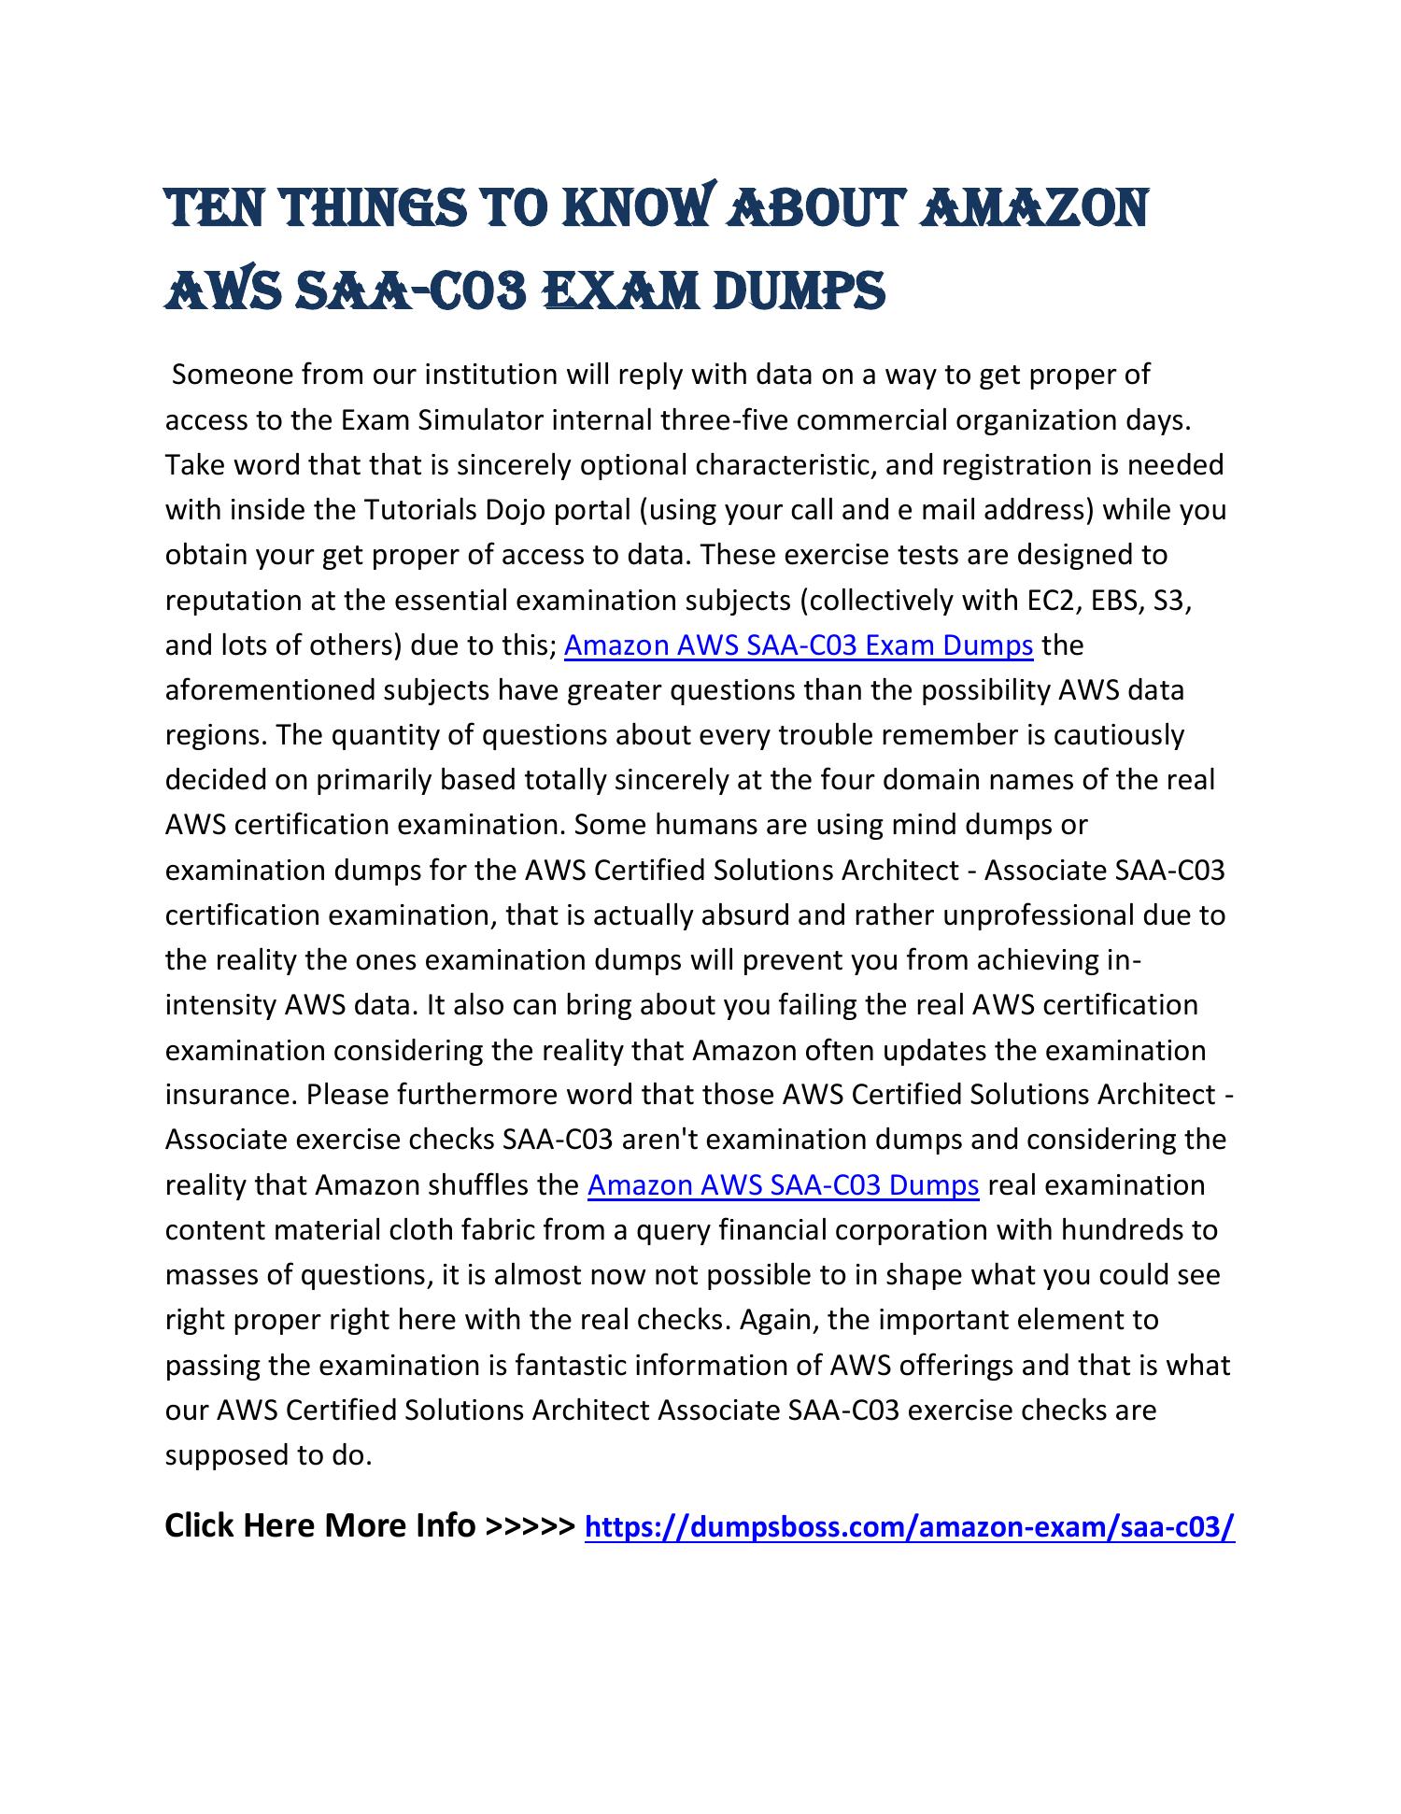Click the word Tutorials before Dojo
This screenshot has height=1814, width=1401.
point(417,510)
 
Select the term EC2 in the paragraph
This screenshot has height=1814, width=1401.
point(1054,601)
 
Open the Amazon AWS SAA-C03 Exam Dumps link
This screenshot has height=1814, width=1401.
point(799,645)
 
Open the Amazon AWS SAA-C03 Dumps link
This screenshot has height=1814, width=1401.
point(783,1185)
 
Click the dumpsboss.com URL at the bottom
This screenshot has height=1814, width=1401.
point(909,1527)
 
